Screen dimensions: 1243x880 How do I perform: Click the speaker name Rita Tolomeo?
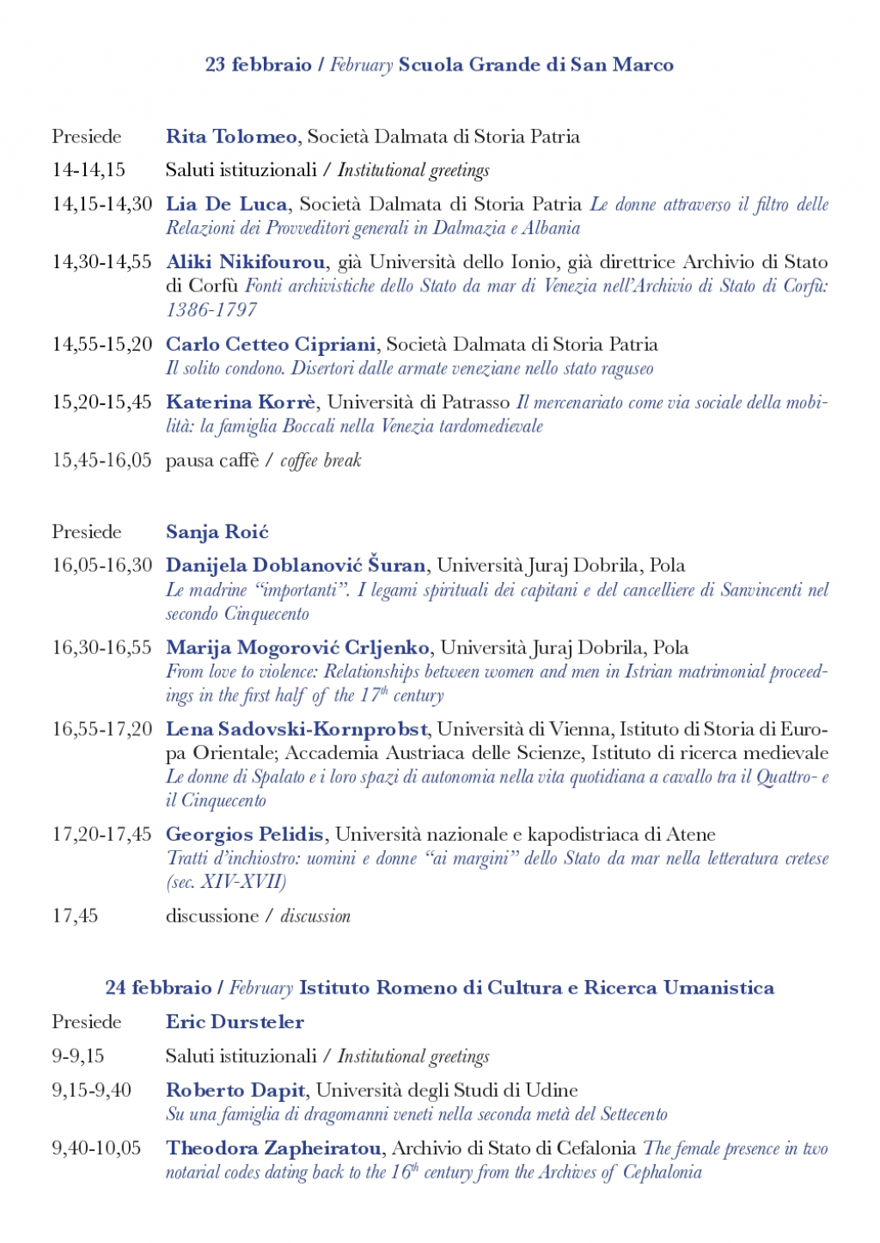click(231, 137)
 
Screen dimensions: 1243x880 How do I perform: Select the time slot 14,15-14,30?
click(102, 205)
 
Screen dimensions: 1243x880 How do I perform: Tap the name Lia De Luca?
click(227, 205)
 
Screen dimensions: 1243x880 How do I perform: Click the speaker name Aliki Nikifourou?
click(246, 262)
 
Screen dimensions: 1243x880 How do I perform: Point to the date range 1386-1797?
click(211, 310)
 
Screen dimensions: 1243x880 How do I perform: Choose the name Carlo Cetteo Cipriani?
click(271, 345)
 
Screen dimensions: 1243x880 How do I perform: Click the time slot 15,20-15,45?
click(102, 402)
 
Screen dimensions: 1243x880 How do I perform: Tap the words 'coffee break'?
click(321, 461)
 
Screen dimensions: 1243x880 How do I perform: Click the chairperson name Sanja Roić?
click(217, 532)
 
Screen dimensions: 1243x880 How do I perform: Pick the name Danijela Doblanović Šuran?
click(296, 566)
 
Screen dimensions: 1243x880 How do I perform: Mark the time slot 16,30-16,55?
click(102, 648)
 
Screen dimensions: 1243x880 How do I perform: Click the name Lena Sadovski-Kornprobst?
click(296, 730)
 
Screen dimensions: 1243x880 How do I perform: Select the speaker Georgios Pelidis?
click(245, 835)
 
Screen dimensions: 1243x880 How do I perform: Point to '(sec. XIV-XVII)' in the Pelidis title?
click(226, 882)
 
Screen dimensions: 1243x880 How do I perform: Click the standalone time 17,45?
click(75, 916)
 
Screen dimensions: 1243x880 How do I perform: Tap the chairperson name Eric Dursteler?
click(235, 1022)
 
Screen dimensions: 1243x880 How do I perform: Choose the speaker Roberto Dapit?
click(235, 1091)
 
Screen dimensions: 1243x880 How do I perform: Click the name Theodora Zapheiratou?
click(274, 1148)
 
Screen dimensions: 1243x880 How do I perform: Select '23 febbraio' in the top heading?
click(259, 65)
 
